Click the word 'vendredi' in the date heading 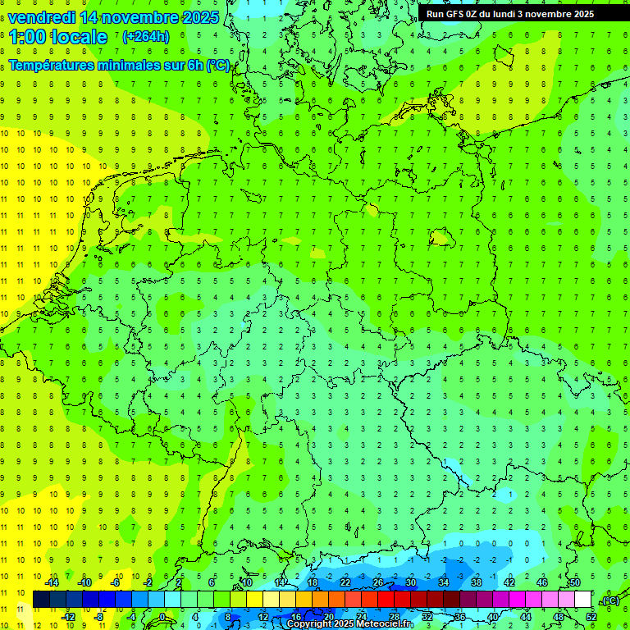point(41,17)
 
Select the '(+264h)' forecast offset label point(146,36)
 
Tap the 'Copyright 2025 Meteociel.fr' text point(349,624)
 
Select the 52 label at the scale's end point(591,617)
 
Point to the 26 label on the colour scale point(377,582)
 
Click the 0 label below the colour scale point(162,617)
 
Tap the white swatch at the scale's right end point(582,600)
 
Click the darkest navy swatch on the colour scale point(41,600)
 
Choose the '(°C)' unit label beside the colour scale point(610,600)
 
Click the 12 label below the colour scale point(264,617)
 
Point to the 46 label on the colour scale point(541,582)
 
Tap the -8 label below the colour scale point(99,617)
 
